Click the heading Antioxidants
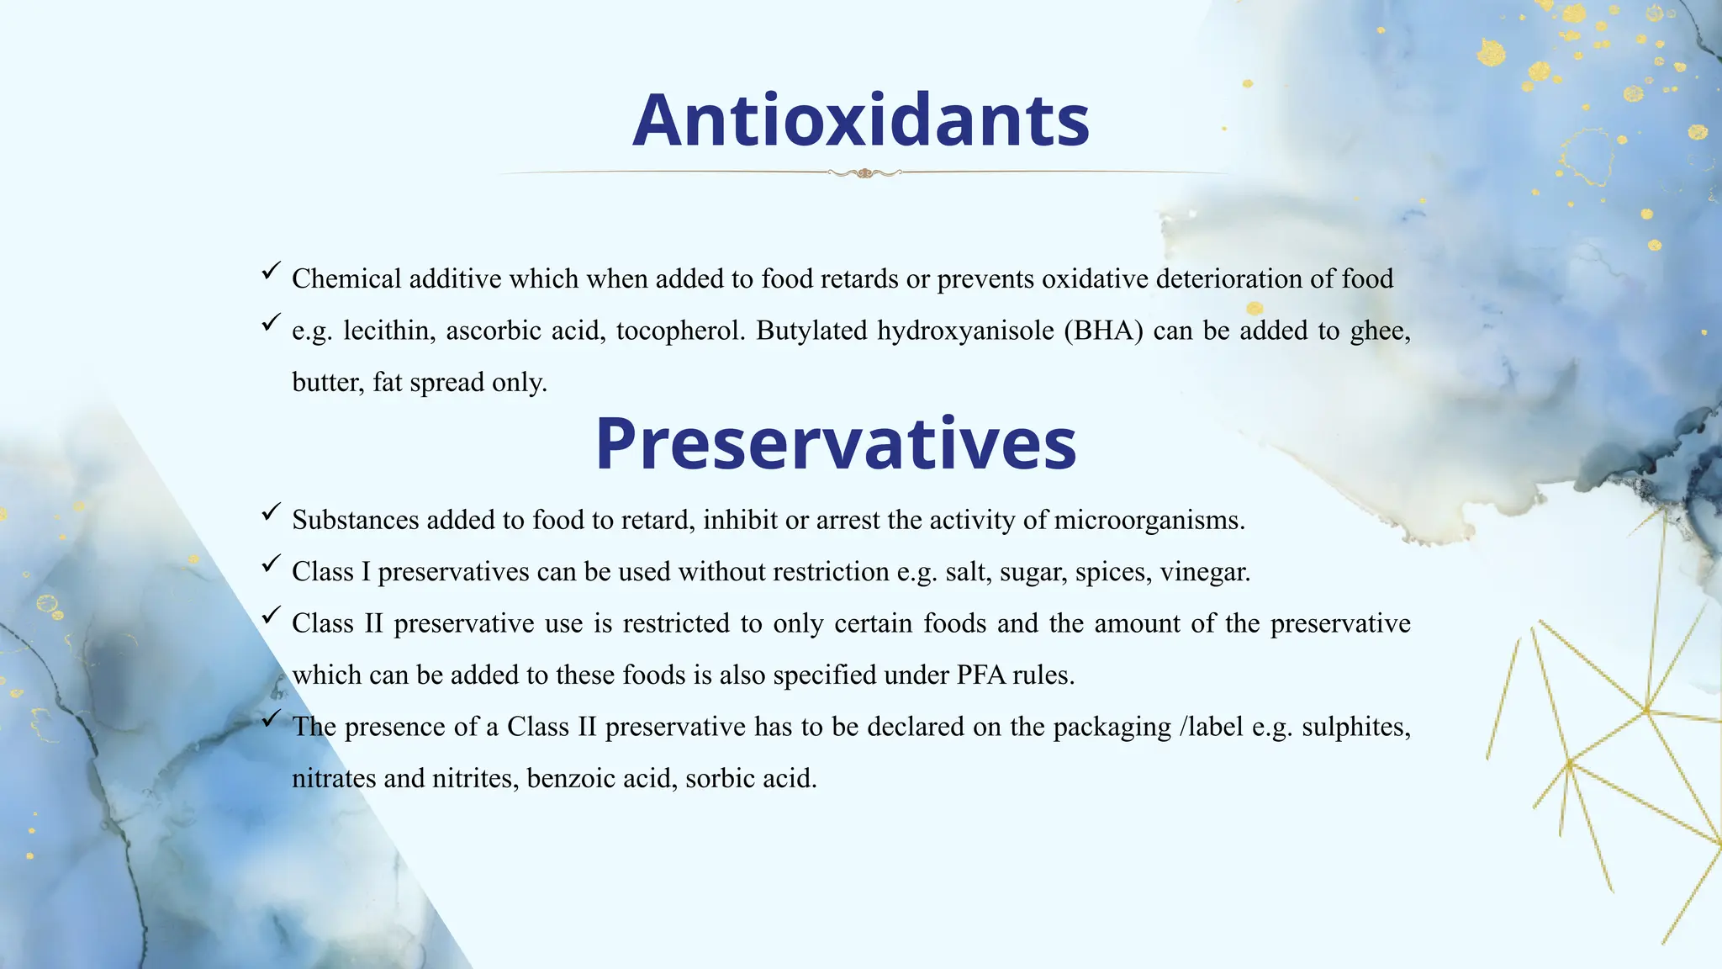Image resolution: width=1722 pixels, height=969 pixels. [861, 120]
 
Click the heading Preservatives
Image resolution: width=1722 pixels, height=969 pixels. [836, 443]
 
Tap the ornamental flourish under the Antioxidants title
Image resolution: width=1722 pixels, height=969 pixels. [864, 173]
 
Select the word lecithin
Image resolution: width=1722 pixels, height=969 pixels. [388, 331]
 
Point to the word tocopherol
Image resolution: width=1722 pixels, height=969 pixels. [680, 331]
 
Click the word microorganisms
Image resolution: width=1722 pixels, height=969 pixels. [1149, 521]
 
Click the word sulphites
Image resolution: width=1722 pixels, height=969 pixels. [1355, 727]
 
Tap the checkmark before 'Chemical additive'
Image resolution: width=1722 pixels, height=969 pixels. [271, 271]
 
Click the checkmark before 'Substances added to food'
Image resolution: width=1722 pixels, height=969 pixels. [271, 511]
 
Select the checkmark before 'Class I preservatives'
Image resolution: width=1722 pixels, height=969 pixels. [271, 564]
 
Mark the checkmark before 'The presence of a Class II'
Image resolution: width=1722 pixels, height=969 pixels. [271, 718]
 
